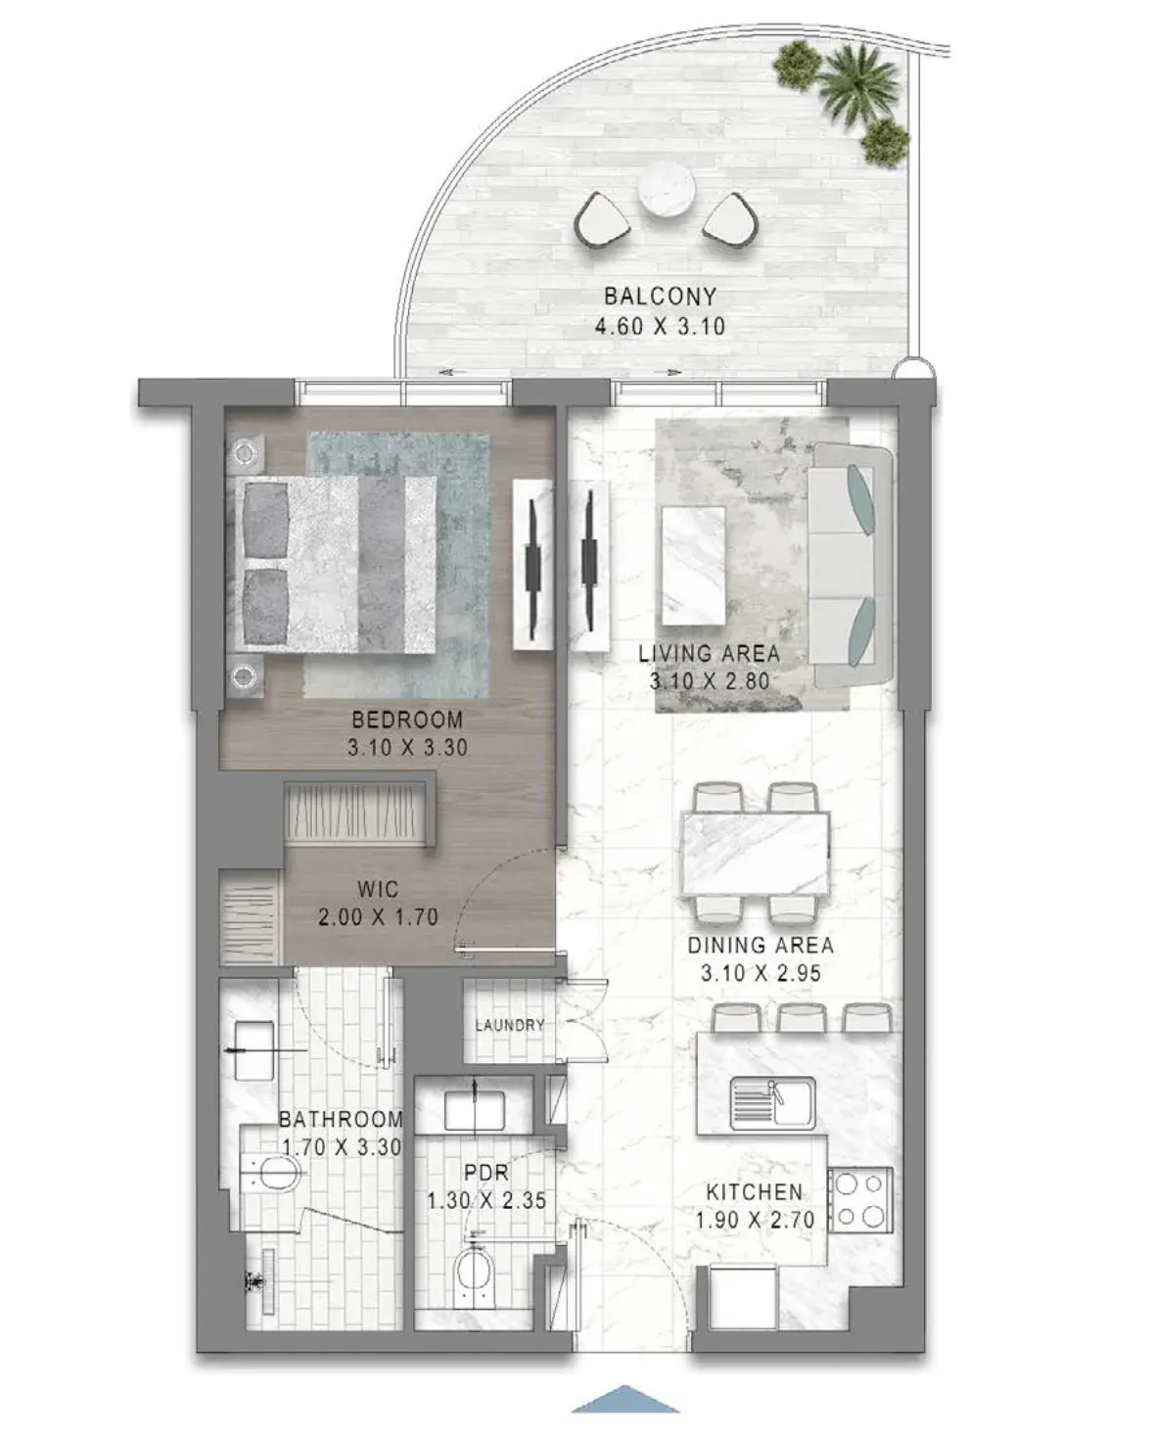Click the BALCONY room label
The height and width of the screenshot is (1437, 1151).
coord(660,296)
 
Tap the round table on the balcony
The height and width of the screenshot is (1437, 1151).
coord(666,190)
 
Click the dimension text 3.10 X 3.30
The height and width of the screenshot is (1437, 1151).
coord(406,747)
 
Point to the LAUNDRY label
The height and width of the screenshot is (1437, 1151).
coord(509,1024)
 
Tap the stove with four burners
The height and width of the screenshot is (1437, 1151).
coord(859,1201)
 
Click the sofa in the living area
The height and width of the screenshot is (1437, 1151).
coord(851,565)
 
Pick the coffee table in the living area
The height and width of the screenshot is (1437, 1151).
coord(693,566)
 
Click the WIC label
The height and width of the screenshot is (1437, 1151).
coord(378,890)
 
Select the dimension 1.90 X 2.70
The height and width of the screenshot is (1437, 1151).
coord(755,1221)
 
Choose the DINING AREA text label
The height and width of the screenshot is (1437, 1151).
coord(760,946)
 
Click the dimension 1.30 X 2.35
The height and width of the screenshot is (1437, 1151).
coord(486,1201)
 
